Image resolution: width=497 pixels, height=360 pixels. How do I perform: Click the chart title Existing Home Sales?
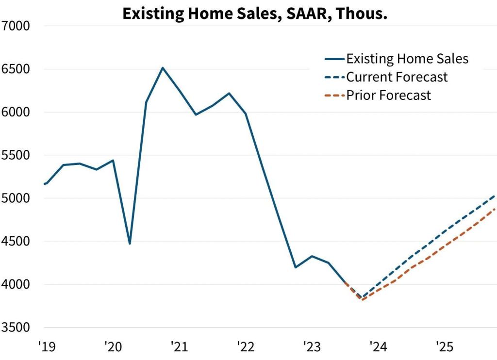254,14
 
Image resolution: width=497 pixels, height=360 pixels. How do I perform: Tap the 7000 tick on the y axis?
17,26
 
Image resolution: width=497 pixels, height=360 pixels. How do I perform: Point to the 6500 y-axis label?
17,69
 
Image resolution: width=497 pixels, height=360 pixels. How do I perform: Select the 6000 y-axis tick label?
17,112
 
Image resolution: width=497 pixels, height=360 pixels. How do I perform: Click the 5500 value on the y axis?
17,155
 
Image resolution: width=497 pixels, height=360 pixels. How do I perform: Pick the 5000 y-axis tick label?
17,198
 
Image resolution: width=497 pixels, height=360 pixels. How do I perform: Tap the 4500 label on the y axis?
17,242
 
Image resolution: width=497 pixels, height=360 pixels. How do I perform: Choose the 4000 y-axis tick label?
17,285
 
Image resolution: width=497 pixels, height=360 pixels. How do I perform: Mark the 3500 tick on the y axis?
17,327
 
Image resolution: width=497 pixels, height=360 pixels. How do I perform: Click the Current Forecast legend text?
397,77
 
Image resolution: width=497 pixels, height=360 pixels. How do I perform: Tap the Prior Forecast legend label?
388,95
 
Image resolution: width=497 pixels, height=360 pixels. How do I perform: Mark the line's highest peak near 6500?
163,68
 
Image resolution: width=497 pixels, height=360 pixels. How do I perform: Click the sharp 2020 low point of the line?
130,243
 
